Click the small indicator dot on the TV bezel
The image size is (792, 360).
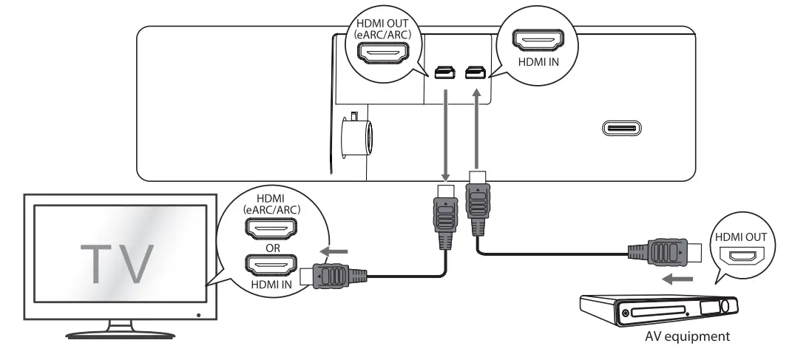tap(198, 315)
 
